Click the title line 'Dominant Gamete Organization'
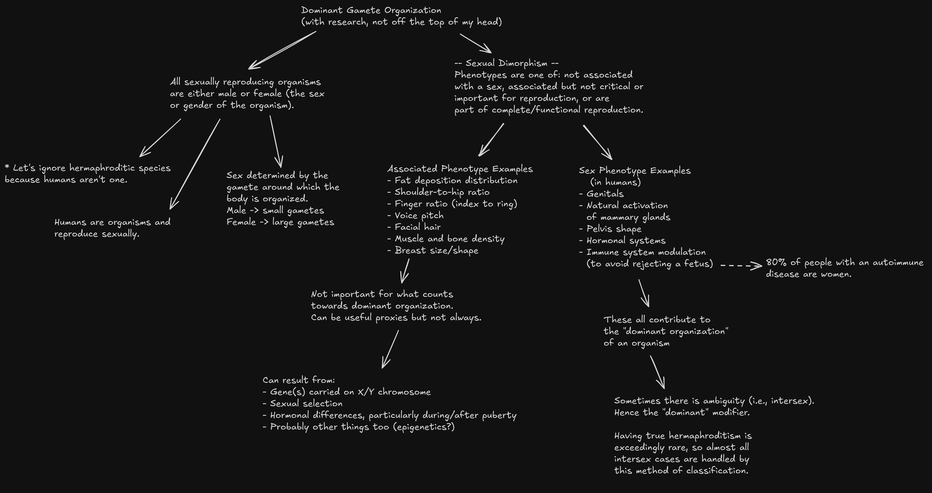(371, 10)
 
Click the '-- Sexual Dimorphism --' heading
(506, 63)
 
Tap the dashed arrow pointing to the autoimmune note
(741, 265)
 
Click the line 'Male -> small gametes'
(275, 211)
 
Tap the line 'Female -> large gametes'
(280, 222)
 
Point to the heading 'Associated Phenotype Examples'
(460, 169)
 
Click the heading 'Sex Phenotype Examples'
(634, 171)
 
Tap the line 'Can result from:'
(299, 380)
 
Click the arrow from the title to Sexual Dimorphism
(475, 43)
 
